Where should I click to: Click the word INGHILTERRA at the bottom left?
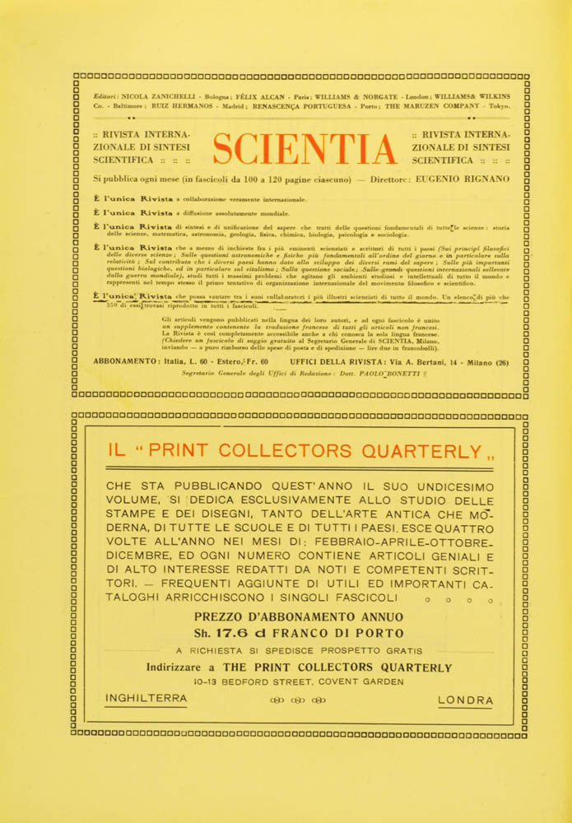[146, 700]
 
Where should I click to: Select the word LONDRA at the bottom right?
[466, 700]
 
